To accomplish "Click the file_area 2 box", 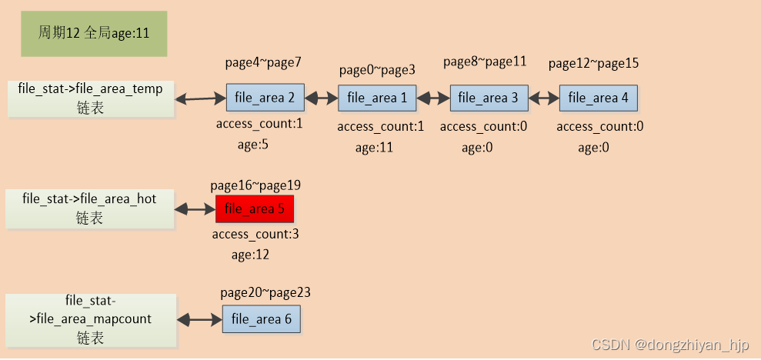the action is coord(265,98).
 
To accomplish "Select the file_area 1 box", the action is coord(377,98).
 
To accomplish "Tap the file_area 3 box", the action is coord(489,98).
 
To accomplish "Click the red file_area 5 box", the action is coord(255,208).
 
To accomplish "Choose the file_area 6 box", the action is coord(262,318).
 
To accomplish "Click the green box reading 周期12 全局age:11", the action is coord(94,33).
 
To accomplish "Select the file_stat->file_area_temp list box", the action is coord(91,98).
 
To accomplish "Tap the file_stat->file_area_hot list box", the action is coord(89,208).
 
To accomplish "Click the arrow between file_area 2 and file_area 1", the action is coord(321,98).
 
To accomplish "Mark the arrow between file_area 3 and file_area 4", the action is coord(543,98).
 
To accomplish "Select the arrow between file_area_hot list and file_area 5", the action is coord(195,208).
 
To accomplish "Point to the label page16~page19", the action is coord(255,185).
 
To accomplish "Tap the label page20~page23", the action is coord(265,292).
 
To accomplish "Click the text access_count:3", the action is coord(255,234).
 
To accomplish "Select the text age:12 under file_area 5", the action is coord(250,254).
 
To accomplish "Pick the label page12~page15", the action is coord(593,63).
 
